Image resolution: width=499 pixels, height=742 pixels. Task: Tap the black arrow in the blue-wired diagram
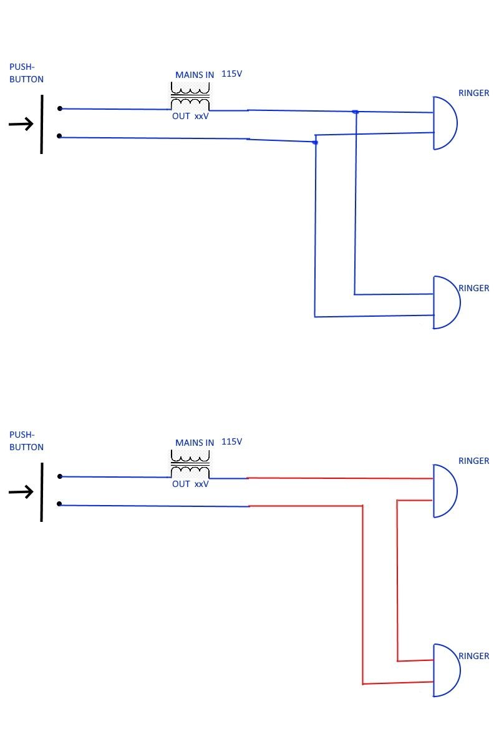pos(21,125)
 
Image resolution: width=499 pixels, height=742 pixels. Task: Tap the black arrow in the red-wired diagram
pos(21,492)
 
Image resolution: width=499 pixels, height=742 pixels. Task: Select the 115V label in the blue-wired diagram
pos(231,74)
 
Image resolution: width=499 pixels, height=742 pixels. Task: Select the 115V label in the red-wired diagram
pos(231,441)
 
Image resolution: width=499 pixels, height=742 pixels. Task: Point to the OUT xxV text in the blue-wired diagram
pos(190,116)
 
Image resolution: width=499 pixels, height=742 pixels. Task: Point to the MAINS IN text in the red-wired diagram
pos(194,442)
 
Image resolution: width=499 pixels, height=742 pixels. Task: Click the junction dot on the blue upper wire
pos(355,112)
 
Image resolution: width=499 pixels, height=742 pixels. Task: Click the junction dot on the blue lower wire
pos(315,143)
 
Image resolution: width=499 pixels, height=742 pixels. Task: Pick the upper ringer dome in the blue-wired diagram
pos(445,123)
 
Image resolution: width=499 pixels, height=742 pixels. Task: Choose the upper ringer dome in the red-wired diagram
pos(445,491)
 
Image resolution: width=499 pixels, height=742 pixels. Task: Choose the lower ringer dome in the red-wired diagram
pos(447,670)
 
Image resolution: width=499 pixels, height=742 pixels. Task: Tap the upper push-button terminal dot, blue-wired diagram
pos(60,108)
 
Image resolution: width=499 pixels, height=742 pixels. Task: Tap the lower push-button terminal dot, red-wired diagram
pos(60,504)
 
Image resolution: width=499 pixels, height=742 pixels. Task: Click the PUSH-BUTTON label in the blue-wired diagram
pos(26,73)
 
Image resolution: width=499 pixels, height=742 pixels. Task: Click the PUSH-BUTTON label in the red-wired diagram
pos(26,441)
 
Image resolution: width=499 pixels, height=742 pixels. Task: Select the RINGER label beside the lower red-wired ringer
pos(474,656)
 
